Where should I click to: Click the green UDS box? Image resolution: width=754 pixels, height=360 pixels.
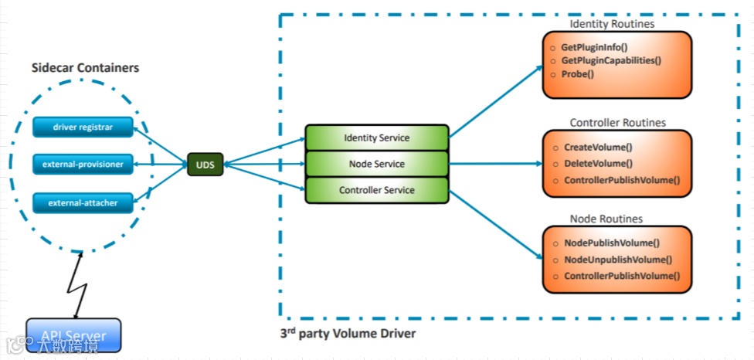[x=205, y=165]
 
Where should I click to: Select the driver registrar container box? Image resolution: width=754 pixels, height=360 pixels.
[x=83, y=127]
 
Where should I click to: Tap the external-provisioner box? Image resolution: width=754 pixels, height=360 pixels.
[x=83, y=164]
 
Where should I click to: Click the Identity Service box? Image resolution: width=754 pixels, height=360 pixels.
[x=376, y=138]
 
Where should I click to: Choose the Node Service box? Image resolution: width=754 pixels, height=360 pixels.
[x=376, y=164]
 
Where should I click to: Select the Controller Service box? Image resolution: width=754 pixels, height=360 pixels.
[x=376, y=190]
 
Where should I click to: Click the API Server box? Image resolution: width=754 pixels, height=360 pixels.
[x=73, y=335]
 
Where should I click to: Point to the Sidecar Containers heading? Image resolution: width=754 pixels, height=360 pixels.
[x=85, y=68]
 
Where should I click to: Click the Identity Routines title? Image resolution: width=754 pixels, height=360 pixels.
[x=612, y=24]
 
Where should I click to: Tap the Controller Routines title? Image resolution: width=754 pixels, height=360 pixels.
[x=617, y=122]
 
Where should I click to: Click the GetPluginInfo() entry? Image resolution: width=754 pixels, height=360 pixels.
[x=594, y=47]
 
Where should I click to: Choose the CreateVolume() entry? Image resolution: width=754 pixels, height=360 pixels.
[x=598, y=147]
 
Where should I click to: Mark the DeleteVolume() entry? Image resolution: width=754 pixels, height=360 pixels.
[x=598, y=164]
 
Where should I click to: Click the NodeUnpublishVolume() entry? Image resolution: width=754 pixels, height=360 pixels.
[x=618, y=260]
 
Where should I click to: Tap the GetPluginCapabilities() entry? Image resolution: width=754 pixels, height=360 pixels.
[x=611, y=60]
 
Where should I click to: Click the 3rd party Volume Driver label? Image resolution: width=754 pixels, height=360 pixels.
[x=348, y=334]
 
